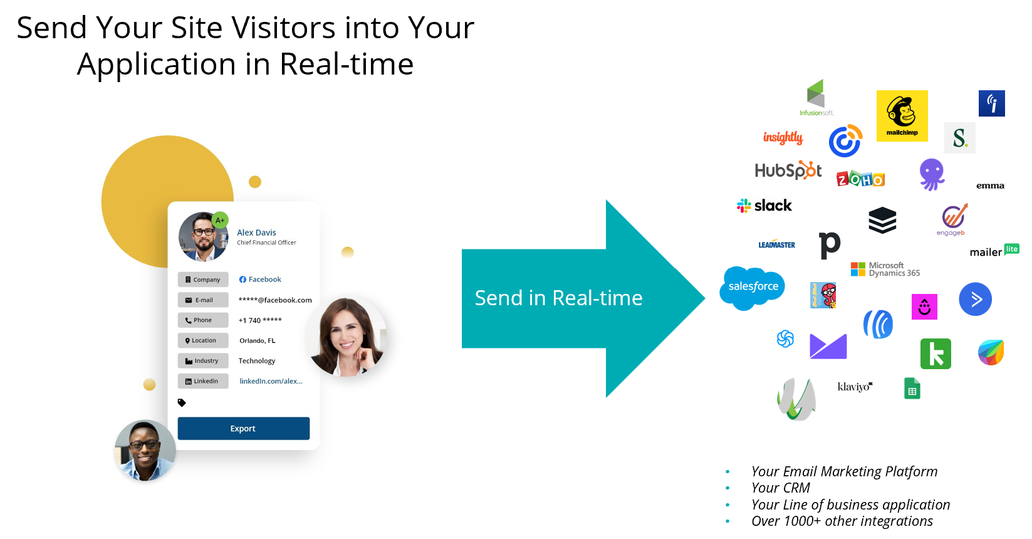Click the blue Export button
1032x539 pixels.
[x=243, y=429]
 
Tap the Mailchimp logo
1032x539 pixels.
[x=902, y=115]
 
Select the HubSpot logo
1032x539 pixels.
[x=788, y=170]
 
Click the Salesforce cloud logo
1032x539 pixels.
[x=753, y=287]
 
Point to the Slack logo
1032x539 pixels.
[x=764, y=206]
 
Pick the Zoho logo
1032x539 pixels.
[x=860, y=179]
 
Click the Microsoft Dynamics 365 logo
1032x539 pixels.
[x=885, y=269]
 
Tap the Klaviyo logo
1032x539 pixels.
[x=855, y=387]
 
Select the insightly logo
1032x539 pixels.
[x=783, y=138]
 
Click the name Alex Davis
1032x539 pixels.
[x=256, y=233]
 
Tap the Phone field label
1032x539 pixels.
[x=202, y=320]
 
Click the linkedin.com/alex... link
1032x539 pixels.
[x=271, y=381]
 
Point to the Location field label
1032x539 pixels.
[x=202, y=341]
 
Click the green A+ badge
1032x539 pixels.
[x=220, y=220]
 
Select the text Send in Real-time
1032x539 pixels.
[x=558, y=298]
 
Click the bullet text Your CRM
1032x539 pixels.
[x=781, y=488]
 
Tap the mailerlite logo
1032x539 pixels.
[x=994, y=251]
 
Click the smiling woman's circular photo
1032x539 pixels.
[x=347, y=337]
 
